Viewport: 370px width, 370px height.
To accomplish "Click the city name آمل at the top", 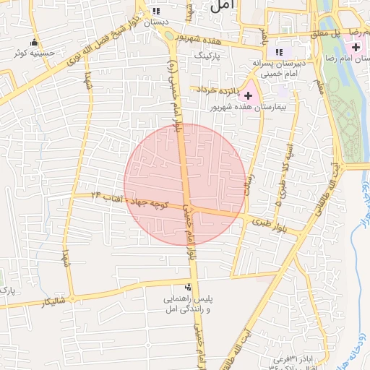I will [x=225, y=7].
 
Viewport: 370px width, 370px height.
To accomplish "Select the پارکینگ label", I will [x=201, y=53].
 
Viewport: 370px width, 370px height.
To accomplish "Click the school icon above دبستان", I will [x=155, y=11].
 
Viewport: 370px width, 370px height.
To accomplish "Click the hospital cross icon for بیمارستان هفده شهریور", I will [x=249, y=95].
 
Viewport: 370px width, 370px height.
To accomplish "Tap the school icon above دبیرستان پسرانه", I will [x=279, y=52].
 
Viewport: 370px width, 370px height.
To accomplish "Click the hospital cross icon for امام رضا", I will [x=356, y=47].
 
